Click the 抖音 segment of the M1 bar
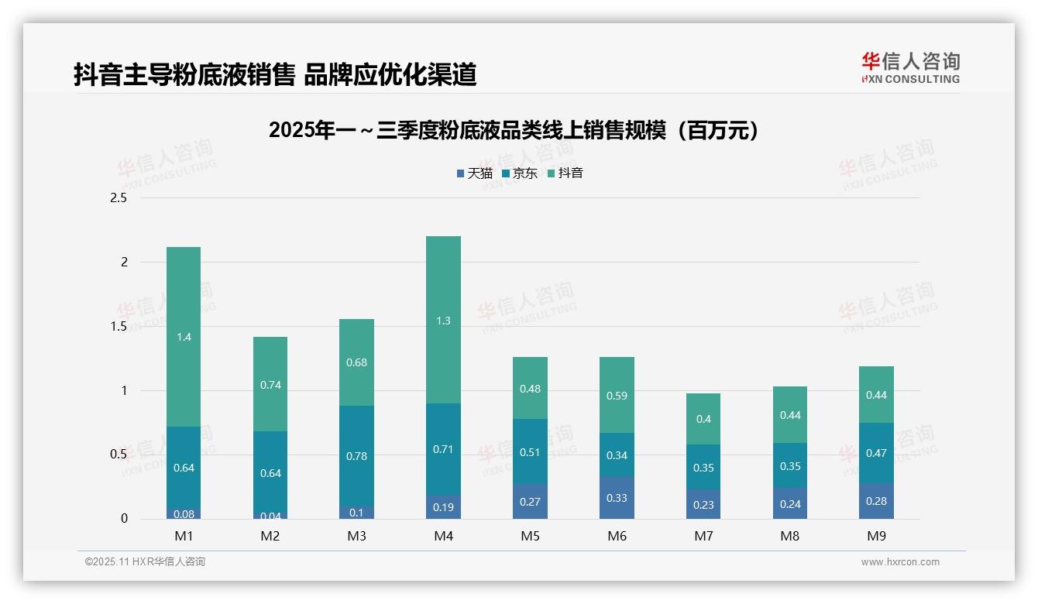pyautogui.click(x=184, y=337)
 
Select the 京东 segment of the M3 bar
pyautogui.click(x=356, y=456)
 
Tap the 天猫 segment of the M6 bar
pyautogui.click(x=617, y=498)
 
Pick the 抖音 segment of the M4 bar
pyautogui.click(x=443, y=320)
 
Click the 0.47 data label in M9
pyautogui.click(x=876, y=453)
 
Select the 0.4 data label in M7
pyautogui.click(x=703, y=419)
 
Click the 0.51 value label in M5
pyautogui.click(x=530, y=452)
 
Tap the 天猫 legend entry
pyautogui.click(x=474, y=173)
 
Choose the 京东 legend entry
pyautogui.click(x=520, y=173)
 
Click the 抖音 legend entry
pyautogui.click(x=565, y=173)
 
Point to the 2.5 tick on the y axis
pyautogui.click(x=119, y=198)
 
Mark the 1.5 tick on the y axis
pyautogui.click(x=119, y=327)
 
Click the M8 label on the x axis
pyautogui.click(x=789, y=536)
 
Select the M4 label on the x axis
pyautogui.click(x=443, y=536)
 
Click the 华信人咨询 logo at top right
pyautogui.click(x=910, y=67)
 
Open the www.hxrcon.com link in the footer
pyautogui.click(x=900, y=562)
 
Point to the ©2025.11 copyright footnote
pyautogui.click(x=145, y=562)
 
